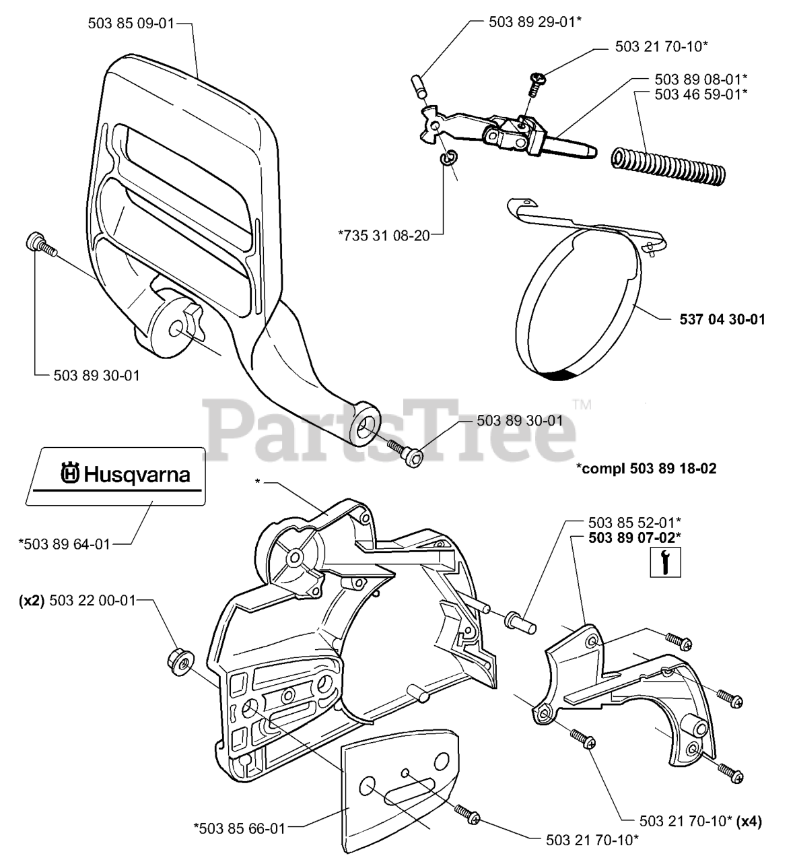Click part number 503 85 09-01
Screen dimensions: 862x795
131,24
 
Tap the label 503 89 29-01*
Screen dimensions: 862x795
534,22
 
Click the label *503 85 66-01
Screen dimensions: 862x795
239,828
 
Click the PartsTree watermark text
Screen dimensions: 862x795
390,429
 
